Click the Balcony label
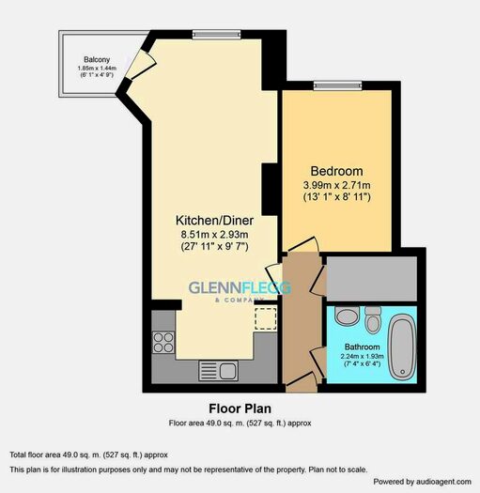pyautogui.click(x=97, y=59)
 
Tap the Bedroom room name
pyautogui.click(x=336, y=171)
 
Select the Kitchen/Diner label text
pyautogui.click(x=214, y=221)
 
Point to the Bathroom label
pyautogui.click(x=362, y=347)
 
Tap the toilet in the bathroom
pyautogui.click(x=373, y=320)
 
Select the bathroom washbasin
pyautogui.click(x=348, y=316)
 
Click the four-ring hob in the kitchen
pyautogui.click(x=163, y=342)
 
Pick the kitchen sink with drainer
pyautogui.click(x=218, y=371)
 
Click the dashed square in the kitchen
pyautogui.click(x=266, y=319)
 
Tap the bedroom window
pyautogui.click(x=337, y=85)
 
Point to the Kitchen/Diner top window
pyautogui.click(x=216, y=35)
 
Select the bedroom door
pyautogui.click(x=303, y=244)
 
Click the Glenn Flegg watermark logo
pyautogui.click(x=240, y=291)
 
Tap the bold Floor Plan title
pyautogui.click(x=240, y=408)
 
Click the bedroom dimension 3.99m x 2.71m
pyautogui.click(x=336, y=185)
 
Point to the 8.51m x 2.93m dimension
pyautogui.click(x=214, y=235)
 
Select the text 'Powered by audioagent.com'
pyautogui.click(x=422, y=482)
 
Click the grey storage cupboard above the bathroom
pyautogui.click(x=372, y=279)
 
